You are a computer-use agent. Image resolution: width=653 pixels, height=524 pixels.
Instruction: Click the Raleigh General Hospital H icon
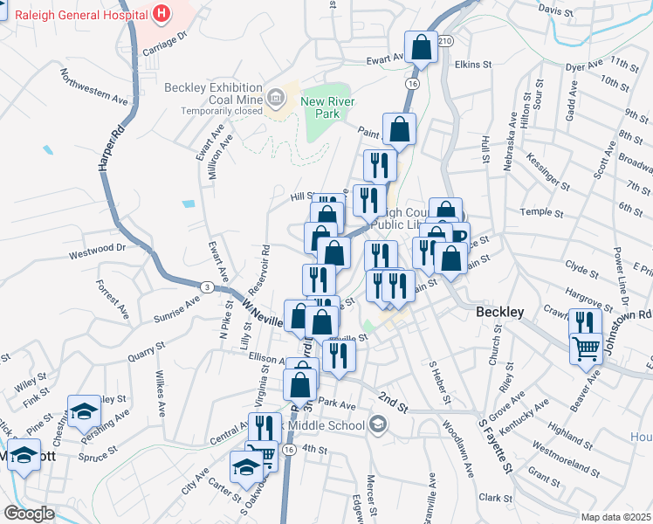pyautogui.click(x=161, y=13)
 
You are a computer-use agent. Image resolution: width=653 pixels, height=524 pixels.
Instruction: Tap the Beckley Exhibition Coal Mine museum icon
pyautogui.click(x=277, y=95)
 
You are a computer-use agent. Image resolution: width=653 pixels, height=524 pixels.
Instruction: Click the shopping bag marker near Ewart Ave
pyautogui.click(x=421, y=50)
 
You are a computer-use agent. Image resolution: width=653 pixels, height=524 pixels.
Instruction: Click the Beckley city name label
pyautogui.click(x=499, y=312)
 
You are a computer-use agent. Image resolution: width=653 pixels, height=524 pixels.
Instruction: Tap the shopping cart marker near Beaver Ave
pyautogui.click(x=586, y=348)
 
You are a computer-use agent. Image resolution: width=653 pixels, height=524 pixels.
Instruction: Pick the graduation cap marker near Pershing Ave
pyautogui.click(x=84, y=410)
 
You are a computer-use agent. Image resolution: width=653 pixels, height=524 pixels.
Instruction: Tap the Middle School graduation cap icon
pyautogui.click(x=377, y=425)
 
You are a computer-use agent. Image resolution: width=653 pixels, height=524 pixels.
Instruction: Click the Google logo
pyautogui.click(x=28, y=514)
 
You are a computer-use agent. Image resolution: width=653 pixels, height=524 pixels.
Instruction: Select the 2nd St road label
pyautogui.click(x=393, y=403)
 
